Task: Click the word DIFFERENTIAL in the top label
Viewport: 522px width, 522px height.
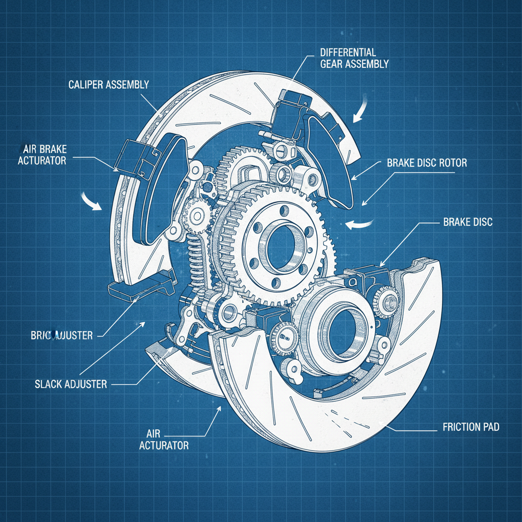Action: pos(348,53)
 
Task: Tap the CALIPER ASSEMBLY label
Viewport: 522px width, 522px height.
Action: pos(109,84)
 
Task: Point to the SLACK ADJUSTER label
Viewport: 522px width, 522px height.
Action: pos(71,384)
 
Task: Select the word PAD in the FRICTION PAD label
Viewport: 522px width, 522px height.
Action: pos(490,427)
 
